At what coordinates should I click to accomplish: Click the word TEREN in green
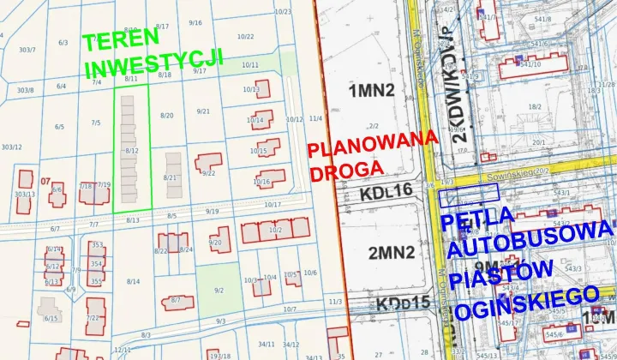coord(120,41)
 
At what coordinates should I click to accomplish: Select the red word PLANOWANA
coord(373,145)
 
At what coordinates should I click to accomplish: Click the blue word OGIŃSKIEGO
coord(526,304)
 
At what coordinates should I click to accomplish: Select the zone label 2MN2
coord(391,252)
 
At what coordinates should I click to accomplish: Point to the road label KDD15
coord(401,303)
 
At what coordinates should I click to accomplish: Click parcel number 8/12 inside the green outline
coord(131,151)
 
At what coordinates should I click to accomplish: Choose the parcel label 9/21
coord(203,111)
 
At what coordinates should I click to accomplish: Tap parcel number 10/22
coord(246,37)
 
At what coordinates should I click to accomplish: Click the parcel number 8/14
coord(133,281)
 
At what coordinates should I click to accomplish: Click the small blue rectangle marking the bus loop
coord(453,198)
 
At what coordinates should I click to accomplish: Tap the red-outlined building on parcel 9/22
coord(207,163)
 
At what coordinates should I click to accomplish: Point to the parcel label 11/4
coord(314,118)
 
